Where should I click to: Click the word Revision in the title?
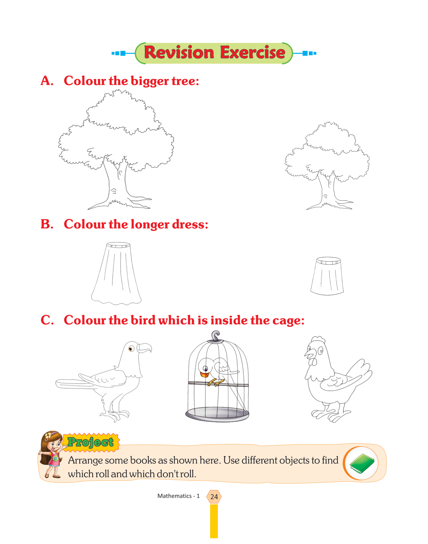click(x=179, y=52)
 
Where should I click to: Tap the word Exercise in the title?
click(x=253, y=52)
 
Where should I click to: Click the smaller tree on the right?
click(x=327, y=166)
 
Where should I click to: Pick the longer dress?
click(x=116, y=273)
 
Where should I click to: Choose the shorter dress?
click(x=327, y=276)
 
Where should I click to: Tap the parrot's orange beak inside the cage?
click(x=204, y=374)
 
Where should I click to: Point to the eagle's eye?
click(x=131, y=349)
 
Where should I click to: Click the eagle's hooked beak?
click(x=144, y=348)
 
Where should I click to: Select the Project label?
click(x=91, y=442)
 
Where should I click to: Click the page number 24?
click(x=214, y=497)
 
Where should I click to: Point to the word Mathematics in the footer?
click(x=174, y=496)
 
